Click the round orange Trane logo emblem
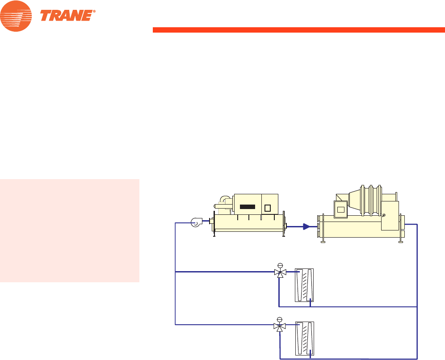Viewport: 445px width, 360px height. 16,16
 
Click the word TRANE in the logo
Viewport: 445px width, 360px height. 67,16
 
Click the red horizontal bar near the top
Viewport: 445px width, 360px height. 298,30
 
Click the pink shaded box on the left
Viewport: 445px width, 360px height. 70,231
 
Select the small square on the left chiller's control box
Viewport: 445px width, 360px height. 268,208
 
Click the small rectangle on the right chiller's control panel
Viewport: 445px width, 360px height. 341,209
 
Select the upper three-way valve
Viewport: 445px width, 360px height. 280,272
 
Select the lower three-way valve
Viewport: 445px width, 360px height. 280,327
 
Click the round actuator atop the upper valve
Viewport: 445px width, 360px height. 280,264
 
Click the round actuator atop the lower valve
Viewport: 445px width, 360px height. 280,319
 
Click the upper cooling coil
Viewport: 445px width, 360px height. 305,285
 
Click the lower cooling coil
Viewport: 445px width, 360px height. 305,339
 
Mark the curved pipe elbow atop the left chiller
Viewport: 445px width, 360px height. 225,200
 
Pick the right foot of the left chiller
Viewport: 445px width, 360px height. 284,233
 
